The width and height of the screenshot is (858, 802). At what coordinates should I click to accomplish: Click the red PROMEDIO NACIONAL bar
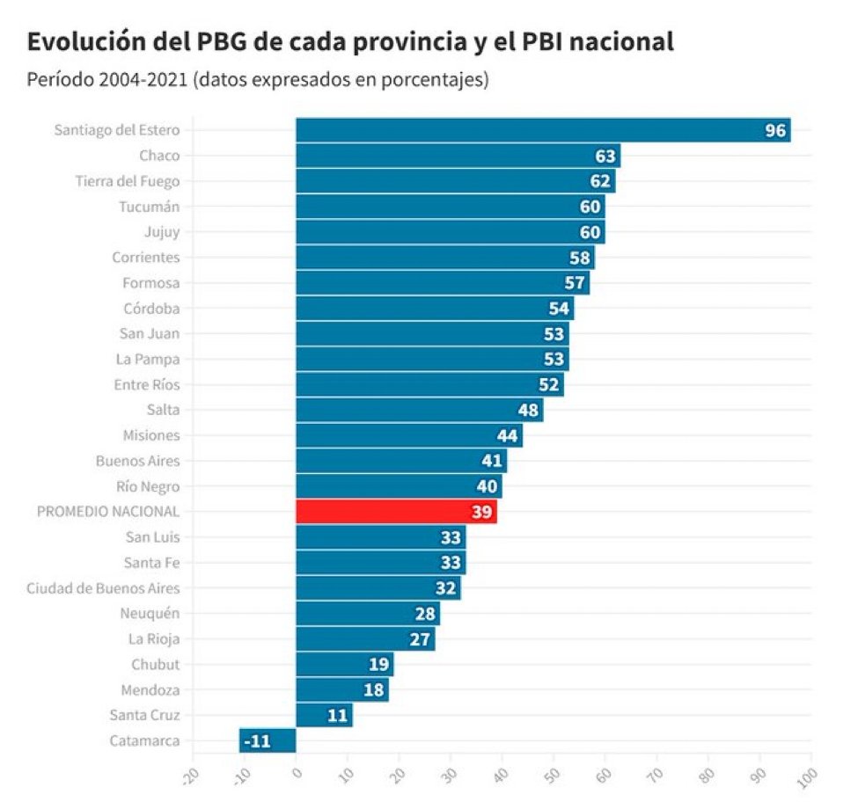pos(396,512)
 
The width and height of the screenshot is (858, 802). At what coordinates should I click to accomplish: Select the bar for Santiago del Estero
pos(542,130)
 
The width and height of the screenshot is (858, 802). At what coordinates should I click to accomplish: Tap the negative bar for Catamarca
pos(267,741)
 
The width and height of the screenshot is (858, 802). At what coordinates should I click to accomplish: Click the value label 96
pos(774,130)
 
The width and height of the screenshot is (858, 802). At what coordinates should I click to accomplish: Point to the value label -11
pos(257,741)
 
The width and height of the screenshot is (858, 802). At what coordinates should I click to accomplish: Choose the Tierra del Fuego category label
pos(127,181)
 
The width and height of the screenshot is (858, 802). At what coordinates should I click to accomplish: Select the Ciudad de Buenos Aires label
pos(103,588)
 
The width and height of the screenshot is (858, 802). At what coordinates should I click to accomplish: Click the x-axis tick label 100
pos(805,777)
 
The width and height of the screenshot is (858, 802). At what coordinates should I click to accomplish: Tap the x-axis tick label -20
pos(189,777)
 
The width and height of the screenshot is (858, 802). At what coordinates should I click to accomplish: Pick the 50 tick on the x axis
pos(551,777)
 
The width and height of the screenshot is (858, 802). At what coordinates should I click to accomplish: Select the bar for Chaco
pos(458,156)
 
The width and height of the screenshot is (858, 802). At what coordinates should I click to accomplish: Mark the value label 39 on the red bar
pos(481,512)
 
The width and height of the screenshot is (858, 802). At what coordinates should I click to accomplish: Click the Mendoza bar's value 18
pos(374,690)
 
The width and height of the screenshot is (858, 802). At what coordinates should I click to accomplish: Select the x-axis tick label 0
pos(297,774)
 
